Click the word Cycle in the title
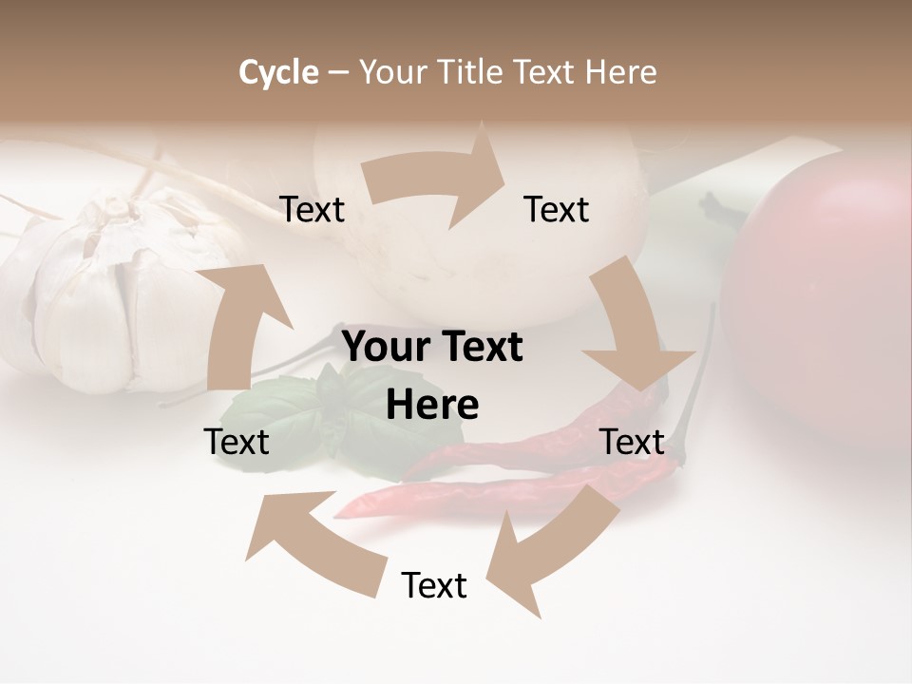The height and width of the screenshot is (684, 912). pyautogui.click(x=278, y=72)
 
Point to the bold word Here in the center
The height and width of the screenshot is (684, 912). pyautogui.click(x=432, y=405)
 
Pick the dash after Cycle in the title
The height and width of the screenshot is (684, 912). pyautogui.click(x=338, y=73)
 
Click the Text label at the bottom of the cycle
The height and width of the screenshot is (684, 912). pyautogui.click(x=434, y=585)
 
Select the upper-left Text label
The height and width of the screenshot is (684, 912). pyautogui.click(x=313, y=210)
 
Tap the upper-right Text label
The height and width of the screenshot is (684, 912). pyautogui.click(x=557, y=209)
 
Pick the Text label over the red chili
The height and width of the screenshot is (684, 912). pyautogui.click(x=632, y=442)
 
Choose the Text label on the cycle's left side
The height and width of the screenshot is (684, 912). pyautogui.click(x=237, y=442)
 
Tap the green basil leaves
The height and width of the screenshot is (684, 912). pyautogui.click(x=285, y=418)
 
